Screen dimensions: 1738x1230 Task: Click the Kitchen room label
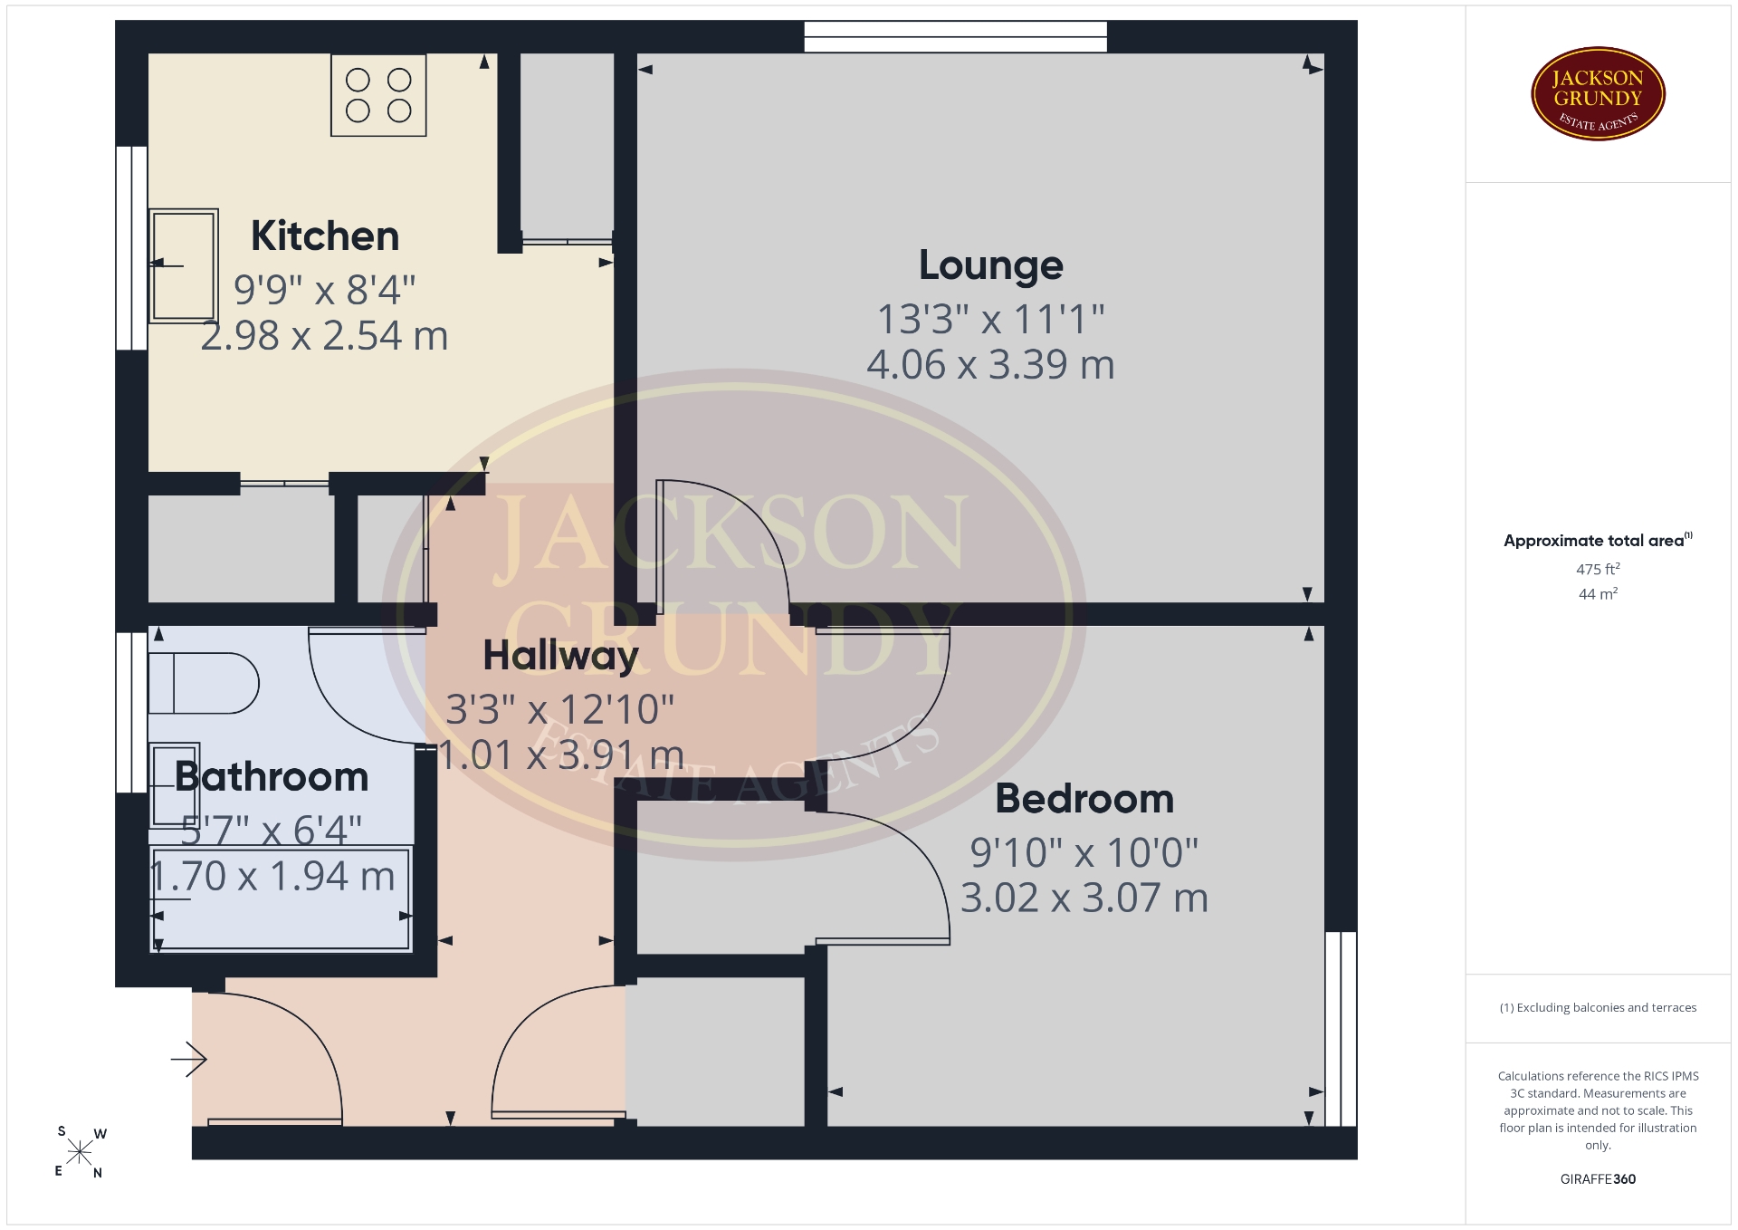click(325, 236)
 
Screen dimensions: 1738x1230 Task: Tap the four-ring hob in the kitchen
click(378, 95)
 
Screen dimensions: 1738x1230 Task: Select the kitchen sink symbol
click(184, 265)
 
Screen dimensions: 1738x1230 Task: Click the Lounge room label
click(991, 265)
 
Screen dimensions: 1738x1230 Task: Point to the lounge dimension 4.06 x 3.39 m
click(991, 365)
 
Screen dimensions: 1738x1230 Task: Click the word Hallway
click(561, 656)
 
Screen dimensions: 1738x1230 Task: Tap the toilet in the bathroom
click(204, 684)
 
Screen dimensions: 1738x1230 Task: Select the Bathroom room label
click(272, 777)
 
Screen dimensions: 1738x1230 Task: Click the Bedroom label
click(1084, 799)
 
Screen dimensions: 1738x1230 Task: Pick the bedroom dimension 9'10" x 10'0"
click(1084, 852)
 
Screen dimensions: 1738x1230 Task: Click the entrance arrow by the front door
click(189, 1059)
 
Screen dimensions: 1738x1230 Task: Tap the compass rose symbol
click(80, 1152)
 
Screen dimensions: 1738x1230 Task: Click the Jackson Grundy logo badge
click(1598, 94)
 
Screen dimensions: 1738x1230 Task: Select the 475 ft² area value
click(1598, 570)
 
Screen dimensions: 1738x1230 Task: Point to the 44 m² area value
click(1598, 594)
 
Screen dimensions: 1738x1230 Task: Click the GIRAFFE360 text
click(1598, 1179)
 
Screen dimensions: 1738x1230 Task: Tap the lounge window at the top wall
click(956, 36)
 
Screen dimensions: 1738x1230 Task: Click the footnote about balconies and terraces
click(1598, 1007)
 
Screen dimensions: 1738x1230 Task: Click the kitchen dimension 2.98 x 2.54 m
click(324, 336)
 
